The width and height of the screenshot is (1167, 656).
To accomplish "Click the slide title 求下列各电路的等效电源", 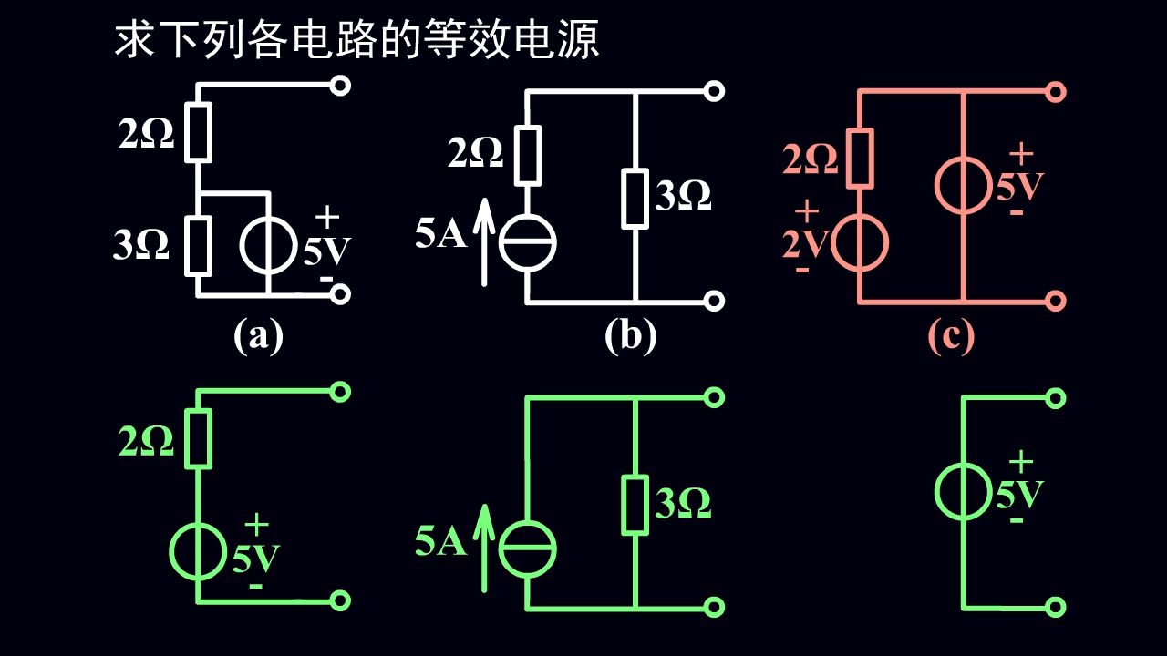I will [x=356, y=40].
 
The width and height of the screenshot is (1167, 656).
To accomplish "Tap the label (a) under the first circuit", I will [x=258, y=336].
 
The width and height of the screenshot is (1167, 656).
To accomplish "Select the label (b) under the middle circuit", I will [x=630, y=336].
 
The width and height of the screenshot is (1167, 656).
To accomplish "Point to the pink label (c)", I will [x=951, y=336].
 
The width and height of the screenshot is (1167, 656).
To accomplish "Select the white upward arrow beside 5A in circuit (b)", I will [x=484, y=241].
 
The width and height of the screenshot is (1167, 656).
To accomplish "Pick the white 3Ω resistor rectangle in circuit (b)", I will [x=635, y=197].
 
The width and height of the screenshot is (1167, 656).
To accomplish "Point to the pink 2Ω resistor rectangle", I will [x=861, y=158].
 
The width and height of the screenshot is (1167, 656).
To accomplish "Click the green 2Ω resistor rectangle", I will [x=199, y=438].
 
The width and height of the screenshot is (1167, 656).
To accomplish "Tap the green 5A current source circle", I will [x=528, y=550].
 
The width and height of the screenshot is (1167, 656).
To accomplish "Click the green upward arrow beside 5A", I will [x=484, y=547].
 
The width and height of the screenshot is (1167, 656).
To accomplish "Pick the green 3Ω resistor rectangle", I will [x=635, y=504].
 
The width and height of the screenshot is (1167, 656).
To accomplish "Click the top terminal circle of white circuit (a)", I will [x=340, y=87].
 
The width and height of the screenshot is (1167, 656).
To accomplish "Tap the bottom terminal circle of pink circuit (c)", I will [x=1056, y=301].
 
